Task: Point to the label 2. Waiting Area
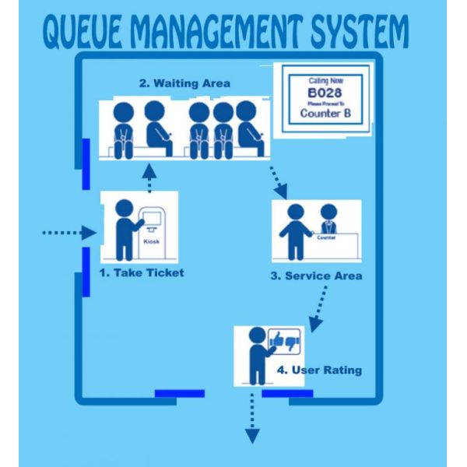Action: point(184,83)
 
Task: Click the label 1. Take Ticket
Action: point(142,272)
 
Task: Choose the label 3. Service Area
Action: point(316,276)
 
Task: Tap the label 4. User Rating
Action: point(319,370)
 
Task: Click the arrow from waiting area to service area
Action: point(278,180)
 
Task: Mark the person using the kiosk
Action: point(124,230)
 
